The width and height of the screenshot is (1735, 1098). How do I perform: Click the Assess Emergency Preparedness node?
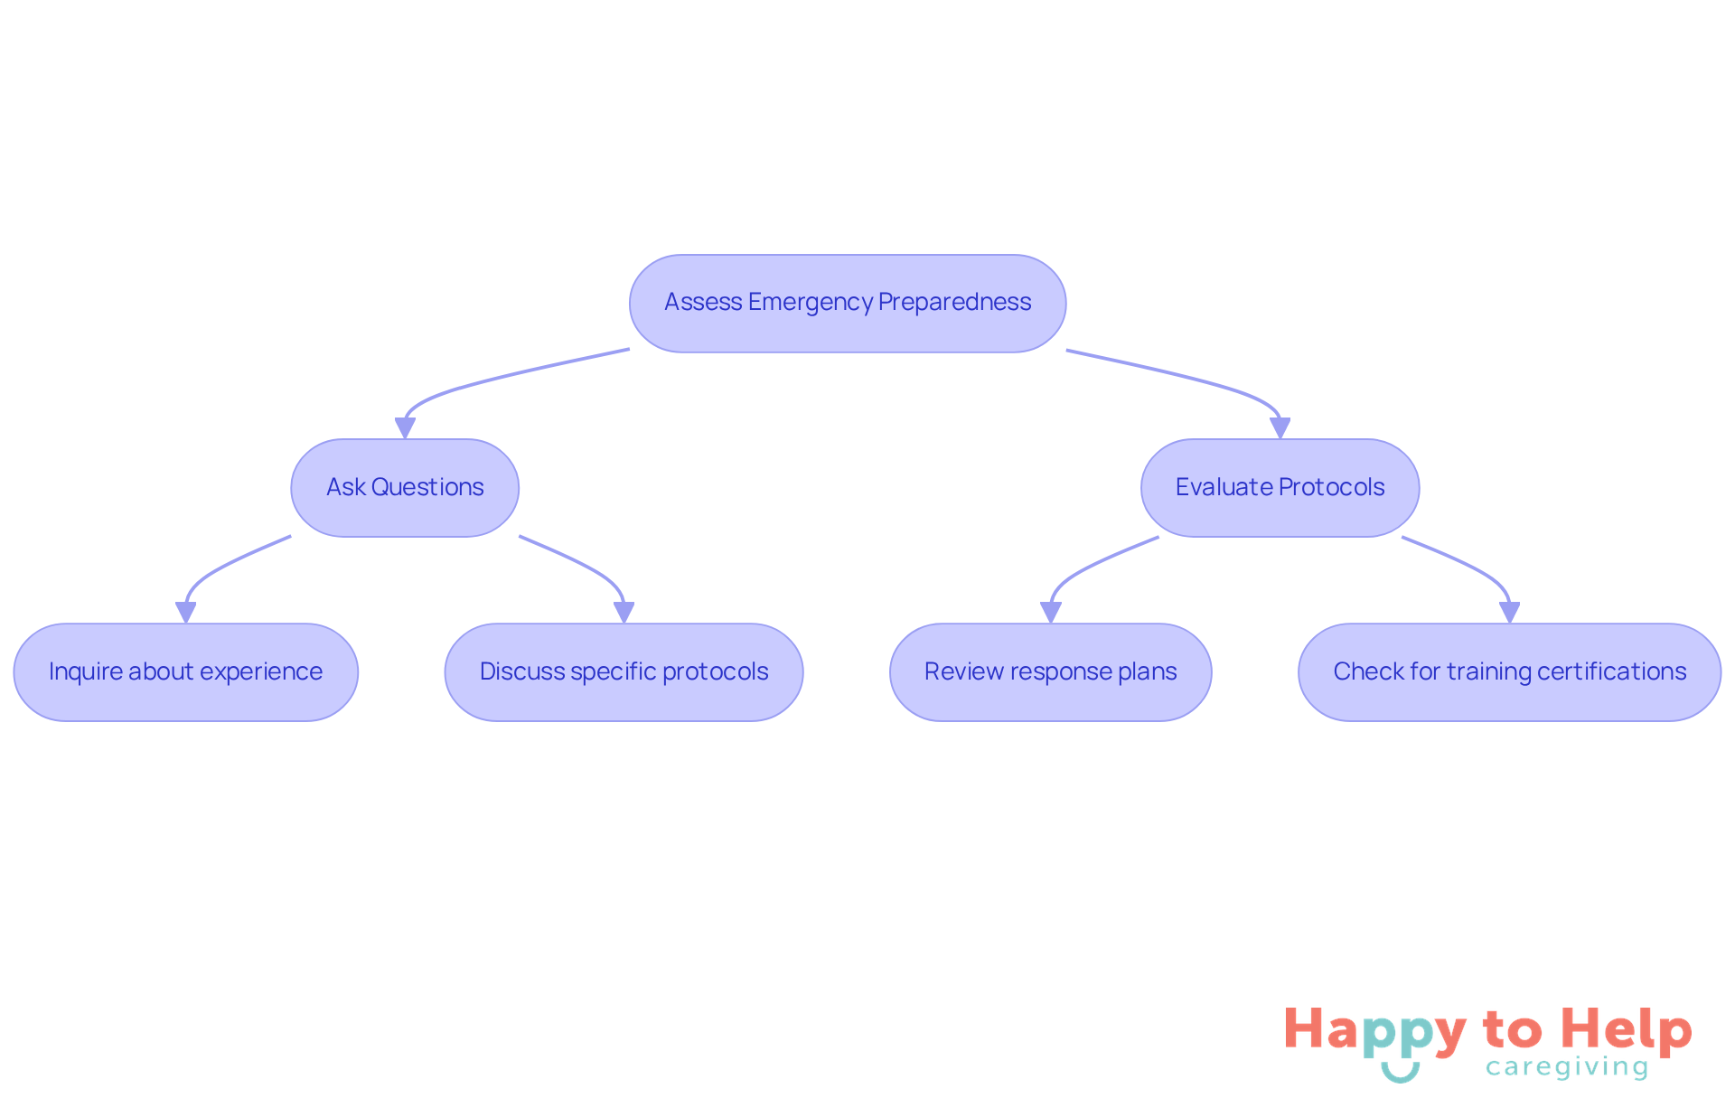848,304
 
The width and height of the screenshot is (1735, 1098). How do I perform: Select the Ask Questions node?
405,488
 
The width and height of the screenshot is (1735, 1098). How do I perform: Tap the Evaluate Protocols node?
1280,488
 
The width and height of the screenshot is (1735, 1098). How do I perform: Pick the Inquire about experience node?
186,672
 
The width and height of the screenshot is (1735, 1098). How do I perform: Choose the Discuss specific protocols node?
624,672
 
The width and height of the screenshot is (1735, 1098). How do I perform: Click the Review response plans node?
1050,672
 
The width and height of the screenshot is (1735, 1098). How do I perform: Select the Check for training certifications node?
1509,672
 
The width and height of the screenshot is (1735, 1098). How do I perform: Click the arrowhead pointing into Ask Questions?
405,428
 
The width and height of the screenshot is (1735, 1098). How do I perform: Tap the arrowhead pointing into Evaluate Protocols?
1280,428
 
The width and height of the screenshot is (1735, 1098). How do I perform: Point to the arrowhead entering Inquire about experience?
186,613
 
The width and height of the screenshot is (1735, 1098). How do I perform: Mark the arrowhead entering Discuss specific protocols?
624,613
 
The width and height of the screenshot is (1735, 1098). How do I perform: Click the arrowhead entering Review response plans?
1050,613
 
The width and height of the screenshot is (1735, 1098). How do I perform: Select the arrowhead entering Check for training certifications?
1509,613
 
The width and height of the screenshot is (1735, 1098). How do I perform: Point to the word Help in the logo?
1627,1030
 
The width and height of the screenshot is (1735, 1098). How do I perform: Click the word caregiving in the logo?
1567,1067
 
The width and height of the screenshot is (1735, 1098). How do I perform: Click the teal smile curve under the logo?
1400,1074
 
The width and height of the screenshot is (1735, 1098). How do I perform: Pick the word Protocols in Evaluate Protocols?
1332,487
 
